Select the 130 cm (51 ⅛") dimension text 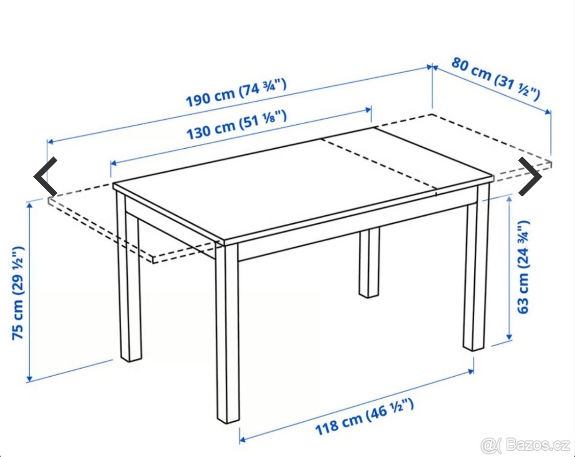click(x=236, y=125)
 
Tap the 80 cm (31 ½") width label click(x=495, y=79)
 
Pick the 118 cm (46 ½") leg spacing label click(x=363, y=417)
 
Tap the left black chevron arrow click(x=45, y=176)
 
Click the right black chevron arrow click(x=530, y=176)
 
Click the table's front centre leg click(x=227, y=332)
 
